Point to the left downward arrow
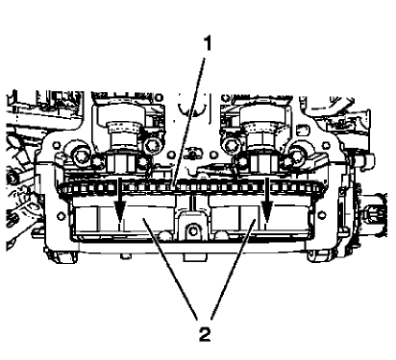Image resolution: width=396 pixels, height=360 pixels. coord(117,205)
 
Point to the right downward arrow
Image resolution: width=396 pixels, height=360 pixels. coord(265,205)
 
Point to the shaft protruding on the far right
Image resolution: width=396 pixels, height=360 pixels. coord(369,206)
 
